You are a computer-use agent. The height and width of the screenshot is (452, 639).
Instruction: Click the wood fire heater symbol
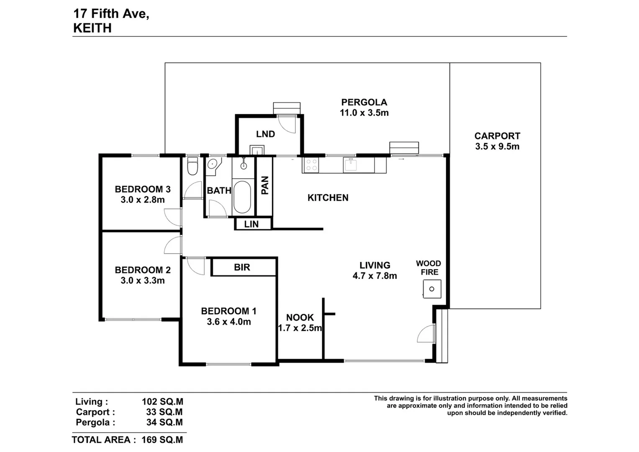pyautogui.click(x=432, y=289)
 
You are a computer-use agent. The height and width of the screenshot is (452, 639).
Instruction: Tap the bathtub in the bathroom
pyautogui.click(x=242, y=196)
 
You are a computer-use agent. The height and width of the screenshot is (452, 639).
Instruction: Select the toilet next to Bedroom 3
pyautogui.click(x=192, y=166)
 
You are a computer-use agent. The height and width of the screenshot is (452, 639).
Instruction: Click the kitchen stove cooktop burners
pyautogui.click(x=311, y=164)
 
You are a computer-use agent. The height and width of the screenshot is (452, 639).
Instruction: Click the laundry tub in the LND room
pyautogui.click(x=257, y=150)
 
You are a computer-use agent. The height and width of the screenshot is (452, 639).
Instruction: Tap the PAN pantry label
pyautogui.click(x=264, y=185)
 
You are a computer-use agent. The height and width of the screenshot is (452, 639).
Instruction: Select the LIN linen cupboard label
pyautogui.click(x=251, y=224)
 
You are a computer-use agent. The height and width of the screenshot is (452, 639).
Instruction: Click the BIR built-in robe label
pyautogui.click(x=242, y=267)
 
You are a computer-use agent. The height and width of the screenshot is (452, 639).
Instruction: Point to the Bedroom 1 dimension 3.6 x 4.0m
pyautogui.click(x=228, y=322)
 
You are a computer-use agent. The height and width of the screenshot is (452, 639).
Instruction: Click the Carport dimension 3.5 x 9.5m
pyautogui.click(x=497, y=146)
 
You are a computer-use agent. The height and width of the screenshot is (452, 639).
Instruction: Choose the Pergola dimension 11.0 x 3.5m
pyautogui.click(x=364, y=113)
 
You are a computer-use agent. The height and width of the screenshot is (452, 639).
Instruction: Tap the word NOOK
pyautogui.click(x=300, y=317)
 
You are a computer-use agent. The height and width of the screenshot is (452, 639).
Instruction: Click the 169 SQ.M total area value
pyautogui.click(x=162, y=440)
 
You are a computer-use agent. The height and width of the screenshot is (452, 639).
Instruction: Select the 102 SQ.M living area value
pyautogui.click(x=162, y=402)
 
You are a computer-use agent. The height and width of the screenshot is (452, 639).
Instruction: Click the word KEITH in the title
pyautogui.click(x=92, y=28)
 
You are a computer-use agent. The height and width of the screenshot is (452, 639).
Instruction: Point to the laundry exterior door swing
pyautogui.click(x=287, y=123)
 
